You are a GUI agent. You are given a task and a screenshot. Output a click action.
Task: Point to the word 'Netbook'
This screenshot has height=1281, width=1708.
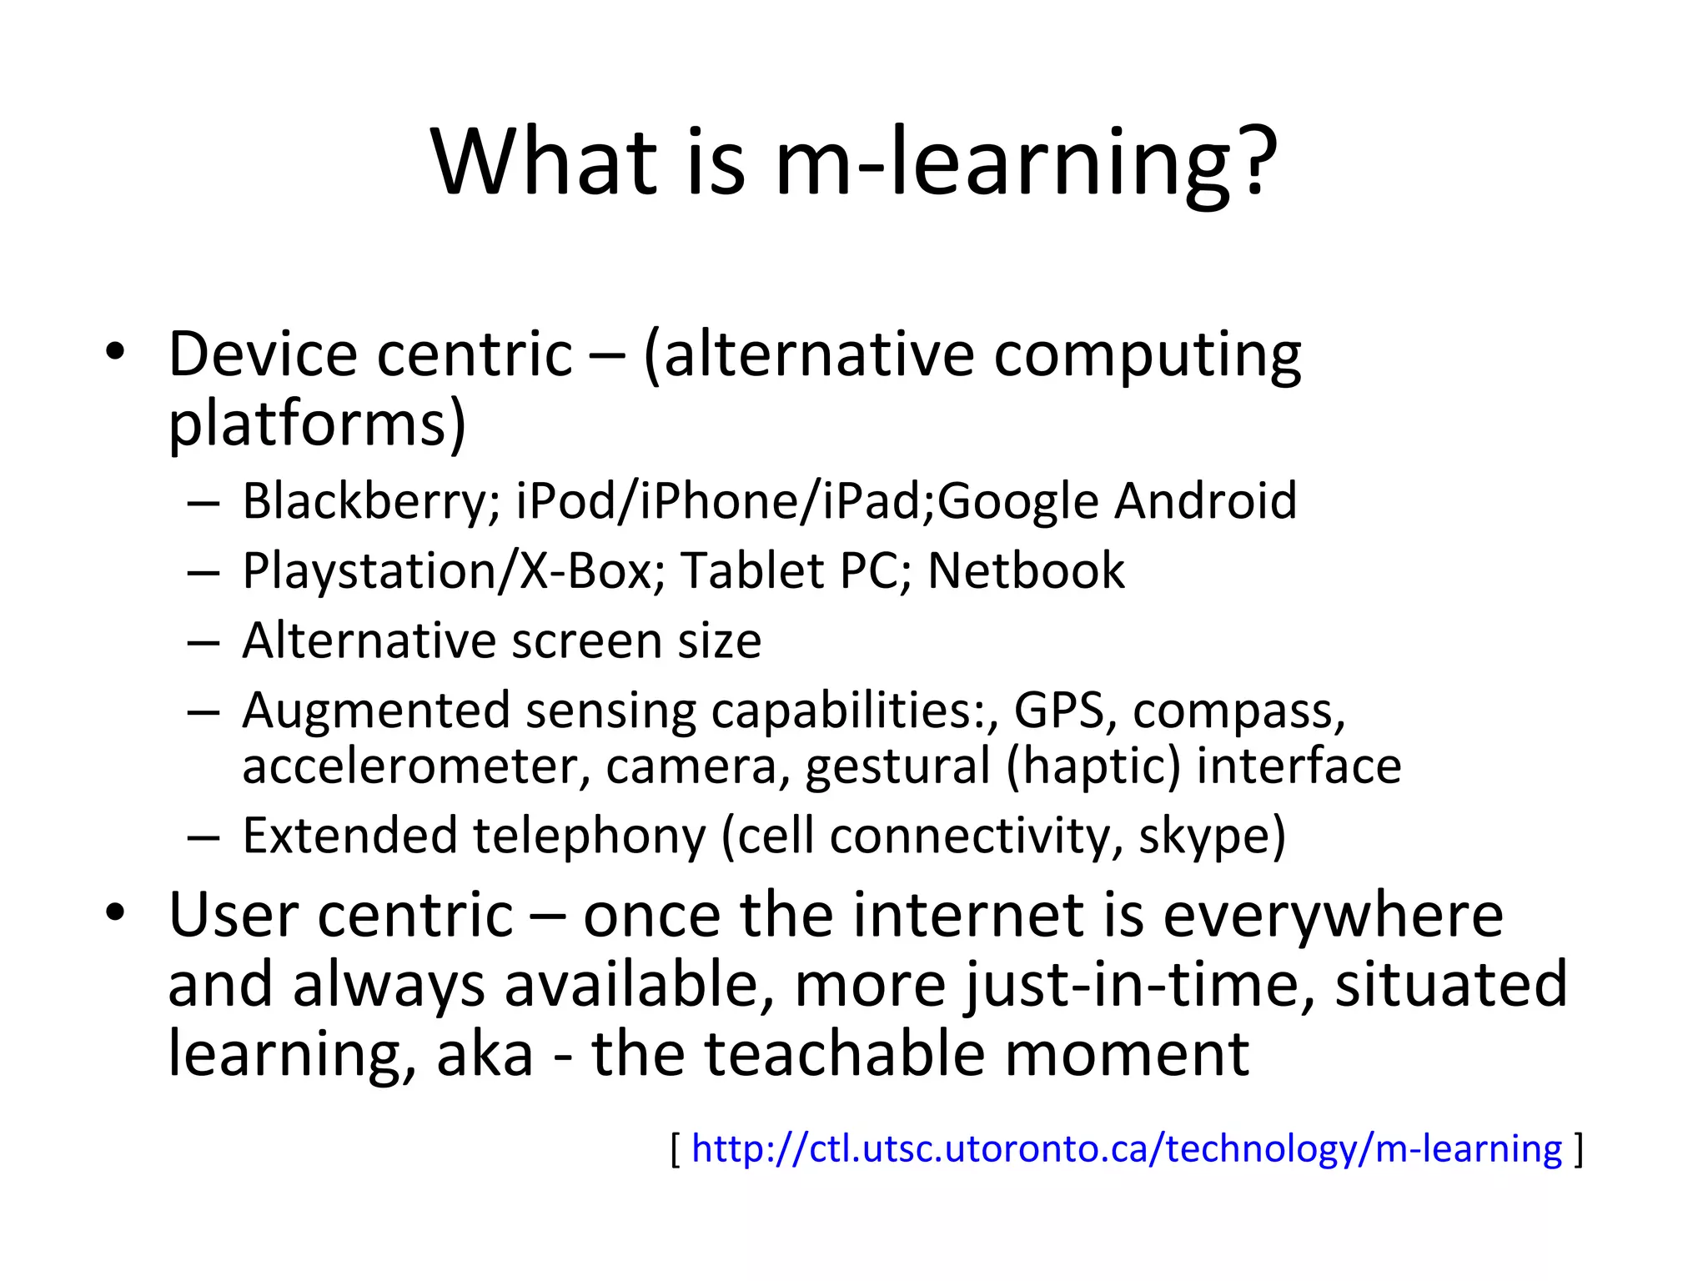click(1026, 571)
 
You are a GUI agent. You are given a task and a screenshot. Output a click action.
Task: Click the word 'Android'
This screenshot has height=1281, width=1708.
click(1206, 501)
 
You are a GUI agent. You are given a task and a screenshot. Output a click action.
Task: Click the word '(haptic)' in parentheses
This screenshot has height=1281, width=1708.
click(1093, 767)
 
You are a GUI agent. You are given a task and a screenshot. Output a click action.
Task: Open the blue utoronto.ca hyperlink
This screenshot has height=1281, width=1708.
click(1127, 1149)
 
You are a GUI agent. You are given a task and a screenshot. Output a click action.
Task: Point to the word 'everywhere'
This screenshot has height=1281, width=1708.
click(1333, 916)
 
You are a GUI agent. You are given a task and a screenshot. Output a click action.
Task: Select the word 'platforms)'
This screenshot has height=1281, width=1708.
click(317, 424)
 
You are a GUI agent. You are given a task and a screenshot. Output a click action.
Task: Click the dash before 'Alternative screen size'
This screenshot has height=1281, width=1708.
click(203, 642)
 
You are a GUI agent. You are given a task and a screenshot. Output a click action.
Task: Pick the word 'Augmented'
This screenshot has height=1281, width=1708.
click(375, 711)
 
